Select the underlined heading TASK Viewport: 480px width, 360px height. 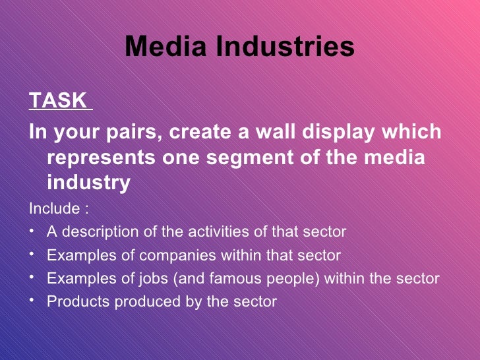(x=58, y=101)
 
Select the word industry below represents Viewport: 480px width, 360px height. (x=88, y=183)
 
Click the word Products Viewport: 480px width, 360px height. (x=74, y=302)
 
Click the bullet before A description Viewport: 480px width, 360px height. (x=32, y=231)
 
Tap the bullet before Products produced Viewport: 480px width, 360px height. (x=32, y=301)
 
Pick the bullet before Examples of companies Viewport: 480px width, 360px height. (x=32, y=254)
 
